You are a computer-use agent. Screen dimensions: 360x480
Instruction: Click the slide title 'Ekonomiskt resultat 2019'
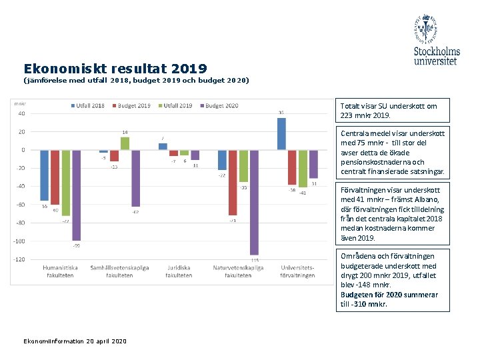(x=115, y=69)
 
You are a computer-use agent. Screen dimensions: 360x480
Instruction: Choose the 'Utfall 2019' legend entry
(x=175, y=105)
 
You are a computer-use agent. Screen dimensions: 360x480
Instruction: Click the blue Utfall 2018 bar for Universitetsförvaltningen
(x=281, y=133)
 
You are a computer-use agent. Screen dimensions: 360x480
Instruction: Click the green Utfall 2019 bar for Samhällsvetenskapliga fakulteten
(x=125, y=143)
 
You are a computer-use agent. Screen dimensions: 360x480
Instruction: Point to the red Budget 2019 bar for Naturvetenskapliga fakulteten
(x=233, y=182)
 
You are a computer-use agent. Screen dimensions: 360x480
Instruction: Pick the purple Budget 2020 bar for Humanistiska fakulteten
(x=76, y=195)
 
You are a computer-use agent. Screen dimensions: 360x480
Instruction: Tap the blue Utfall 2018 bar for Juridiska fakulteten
(x=163, y=147)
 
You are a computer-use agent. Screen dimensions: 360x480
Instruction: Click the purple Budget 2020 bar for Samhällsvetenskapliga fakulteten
(x=135, y=178)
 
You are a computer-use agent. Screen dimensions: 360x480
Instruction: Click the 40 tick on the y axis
(x=22, y=113)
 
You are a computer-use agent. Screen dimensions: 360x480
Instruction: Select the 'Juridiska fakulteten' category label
(x=179, y=271)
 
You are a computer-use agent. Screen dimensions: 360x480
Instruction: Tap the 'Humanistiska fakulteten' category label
(x=60, y=271)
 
